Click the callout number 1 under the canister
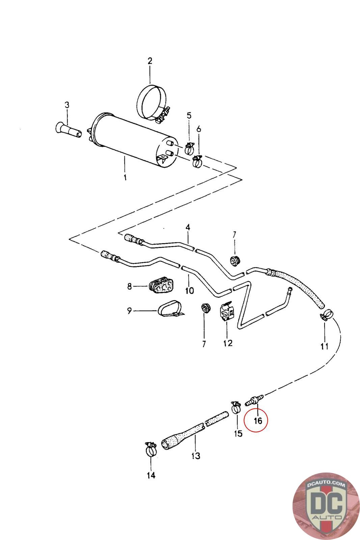(x=125, y=178)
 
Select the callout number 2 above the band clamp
(x=150, y=61)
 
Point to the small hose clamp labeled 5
(x=189, y=147)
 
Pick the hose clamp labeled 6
(x=197, y=161)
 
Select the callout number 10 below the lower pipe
(x=189, y=290)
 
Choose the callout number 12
(x=228, y=343)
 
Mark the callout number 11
(x=325, y=346)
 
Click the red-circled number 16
(x=258, y=421)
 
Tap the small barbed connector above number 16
(x=253, y=400)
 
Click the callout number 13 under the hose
(x=196, y=456)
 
